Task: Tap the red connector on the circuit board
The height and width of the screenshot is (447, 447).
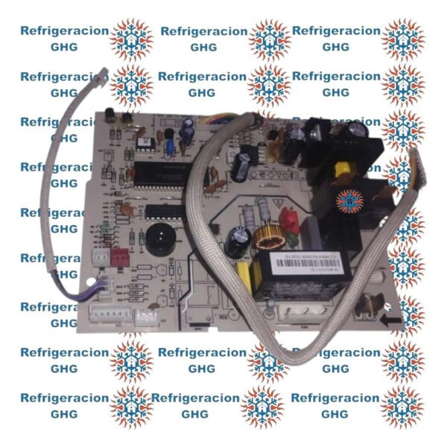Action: [117, 256]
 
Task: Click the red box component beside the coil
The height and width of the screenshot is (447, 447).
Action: [288, 218]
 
